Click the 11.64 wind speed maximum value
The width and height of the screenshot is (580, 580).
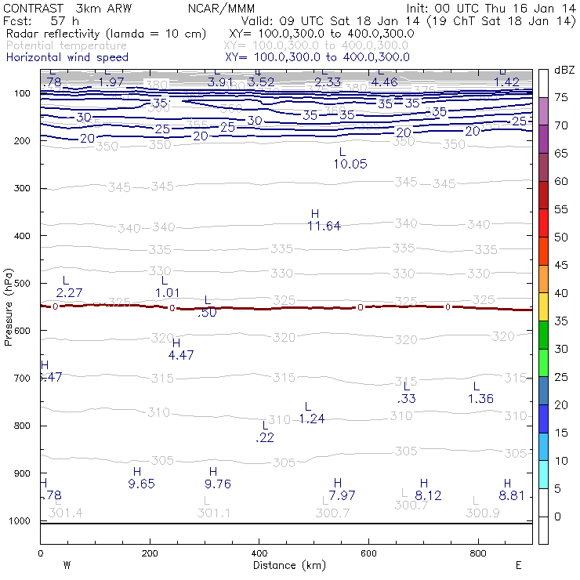point(324,227)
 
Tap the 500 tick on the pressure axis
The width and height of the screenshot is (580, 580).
point(22,283)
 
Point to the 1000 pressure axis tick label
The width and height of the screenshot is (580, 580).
point(18,521)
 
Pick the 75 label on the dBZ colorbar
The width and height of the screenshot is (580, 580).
point(561,97)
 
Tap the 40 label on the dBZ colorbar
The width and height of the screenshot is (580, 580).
point(561,293)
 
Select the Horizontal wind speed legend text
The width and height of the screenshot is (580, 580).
point(67,57)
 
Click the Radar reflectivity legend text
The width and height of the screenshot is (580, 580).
point(106,34)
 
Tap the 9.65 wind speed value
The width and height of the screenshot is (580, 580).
point(141,484)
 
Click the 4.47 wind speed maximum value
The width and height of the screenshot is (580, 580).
point(181,355)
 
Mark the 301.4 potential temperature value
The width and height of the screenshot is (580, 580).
point(65,513)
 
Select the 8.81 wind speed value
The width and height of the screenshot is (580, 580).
point(510,495)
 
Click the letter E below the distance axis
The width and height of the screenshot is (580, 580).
point(518,564)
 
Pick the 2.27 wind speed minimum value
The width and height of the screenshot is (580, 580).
point(70,292)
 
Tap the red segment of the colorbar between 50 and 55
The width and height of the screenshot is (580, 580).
point(543,223)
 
